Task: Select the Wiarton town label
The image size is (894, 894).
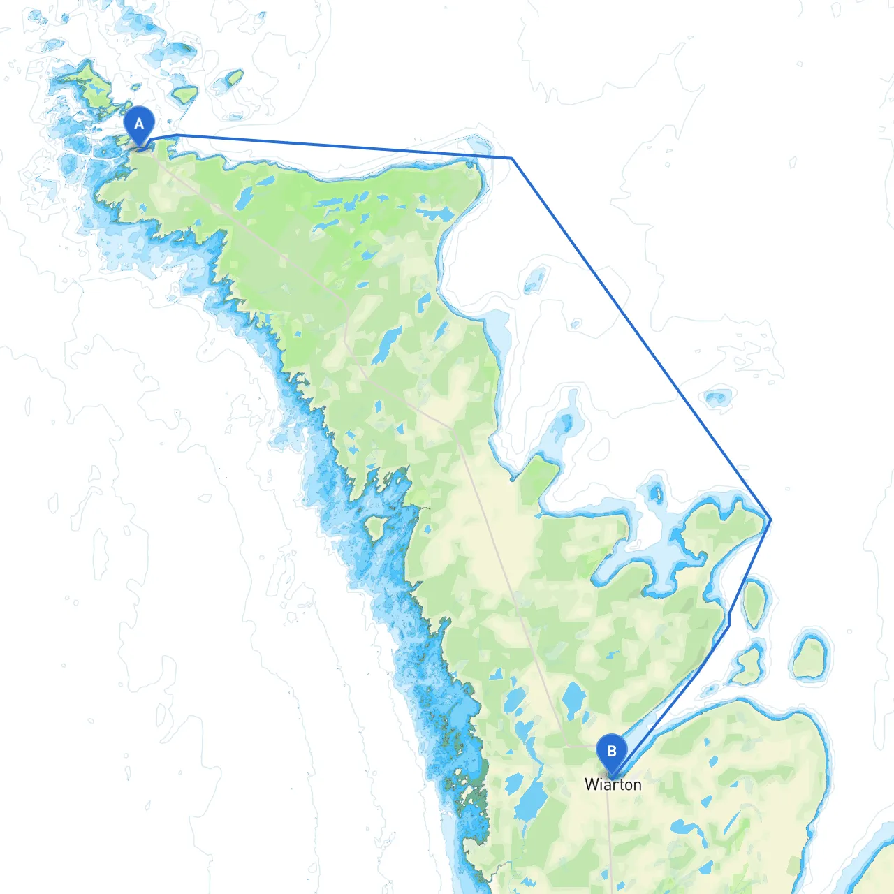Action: (613, 784)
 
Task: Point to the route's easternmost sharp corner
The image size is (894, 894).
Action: (770, 519)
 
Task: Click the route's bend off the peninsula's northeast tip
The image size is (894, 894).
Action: (512, 159)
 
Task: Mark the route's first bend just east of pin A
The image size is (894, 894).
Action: (178, 135)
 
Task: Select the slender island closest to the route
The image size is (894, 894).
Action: (754, 603)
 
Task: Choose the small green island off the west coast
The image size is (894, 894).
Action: (375, 528)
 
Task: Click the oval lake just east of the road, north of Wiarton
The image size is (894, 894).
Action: (574, 699)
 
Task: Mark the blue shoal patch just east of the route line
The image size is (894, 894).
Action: (717, 399)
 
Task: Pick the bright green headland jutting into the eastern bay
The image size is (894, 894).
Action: (539, 478)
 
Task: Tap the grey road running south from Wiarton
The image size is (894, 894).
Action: (609, 838)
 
